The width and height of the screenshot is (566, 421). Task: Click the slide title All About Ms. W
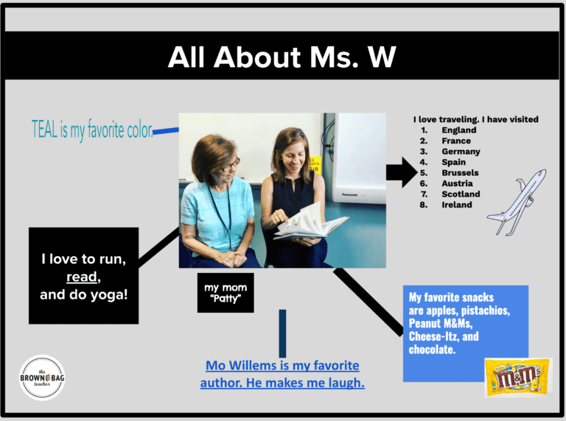click(x=282, y=57)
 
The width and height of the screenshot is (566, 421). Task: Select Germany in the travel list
click(x=461, y=152)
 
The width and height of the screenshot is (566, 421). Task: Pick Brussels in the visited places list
click(x=460, y=173)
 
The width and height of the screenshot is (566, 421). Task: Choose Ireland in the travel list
click(x=457, y=205)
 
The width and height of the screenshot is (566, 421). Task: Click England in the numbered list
click(x=459, y=130)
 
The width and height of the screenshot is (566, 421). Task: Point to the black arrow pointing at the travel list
click(x=401, y=173)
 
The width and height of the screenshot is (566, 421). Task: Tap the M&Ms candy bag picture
click(x=517, y=377)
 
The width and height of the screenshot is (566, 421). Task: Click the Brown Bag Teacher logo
click(x=43, y=377)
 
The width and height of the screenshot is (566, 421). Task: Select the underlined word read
click(x=83, y=277)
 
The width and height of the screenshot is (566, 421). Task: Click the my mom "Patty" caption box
click(x=227, y=293)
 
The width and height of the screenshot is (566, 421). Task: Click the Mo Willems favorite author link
click(x=282, y=374)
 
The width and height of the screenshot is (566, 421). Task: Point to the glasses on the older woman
click(x=228, y=163)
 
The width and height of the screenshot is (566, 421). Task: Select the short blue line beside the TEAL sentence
click(x=166, y=132)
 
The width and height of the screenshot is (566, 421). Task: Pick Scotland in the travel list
click(x=461, y=194)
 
